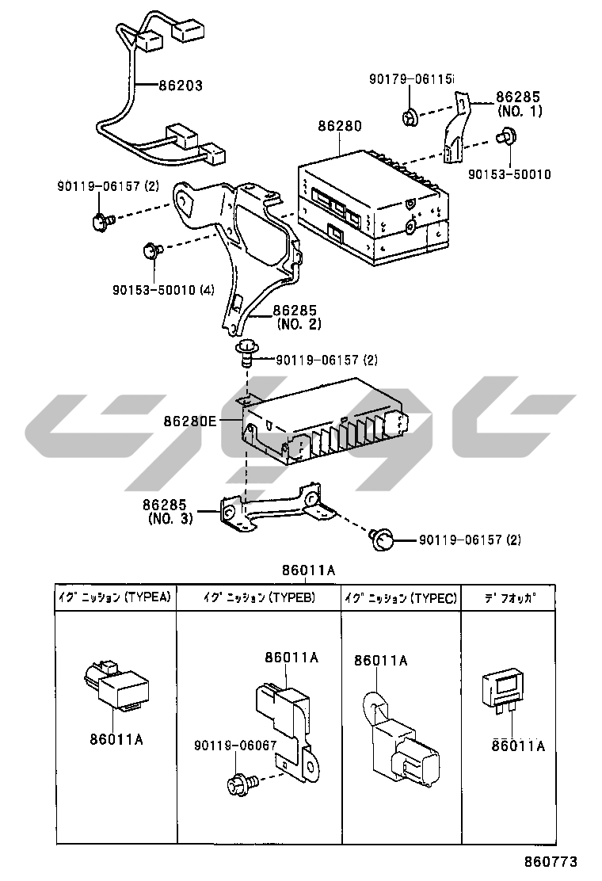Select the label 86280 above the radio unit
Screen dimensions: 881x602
click(340, 126)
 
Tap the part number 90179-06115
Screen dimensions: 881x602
click(412, 79)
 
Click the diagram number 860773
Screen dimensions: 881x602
click(551, 861)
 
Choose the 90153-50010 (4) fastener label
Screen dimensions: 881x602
click(163, 291)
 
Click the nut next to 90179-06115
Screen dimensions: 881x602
click(410, 118)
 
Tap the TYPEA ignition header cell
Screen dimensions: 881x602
click(114, 598)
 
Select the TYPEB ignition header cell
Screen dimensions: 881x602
click(258, 598)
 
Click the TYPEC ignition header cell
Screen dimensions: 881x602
click(401, 598)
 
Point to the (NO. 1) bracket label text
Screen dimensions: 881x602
click(520, 111)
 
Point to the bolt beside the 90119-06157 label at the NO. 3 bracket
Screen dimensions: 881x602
click(383, 541)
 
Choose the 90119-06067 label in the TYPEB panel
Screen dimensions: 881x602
click(235, 746)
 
